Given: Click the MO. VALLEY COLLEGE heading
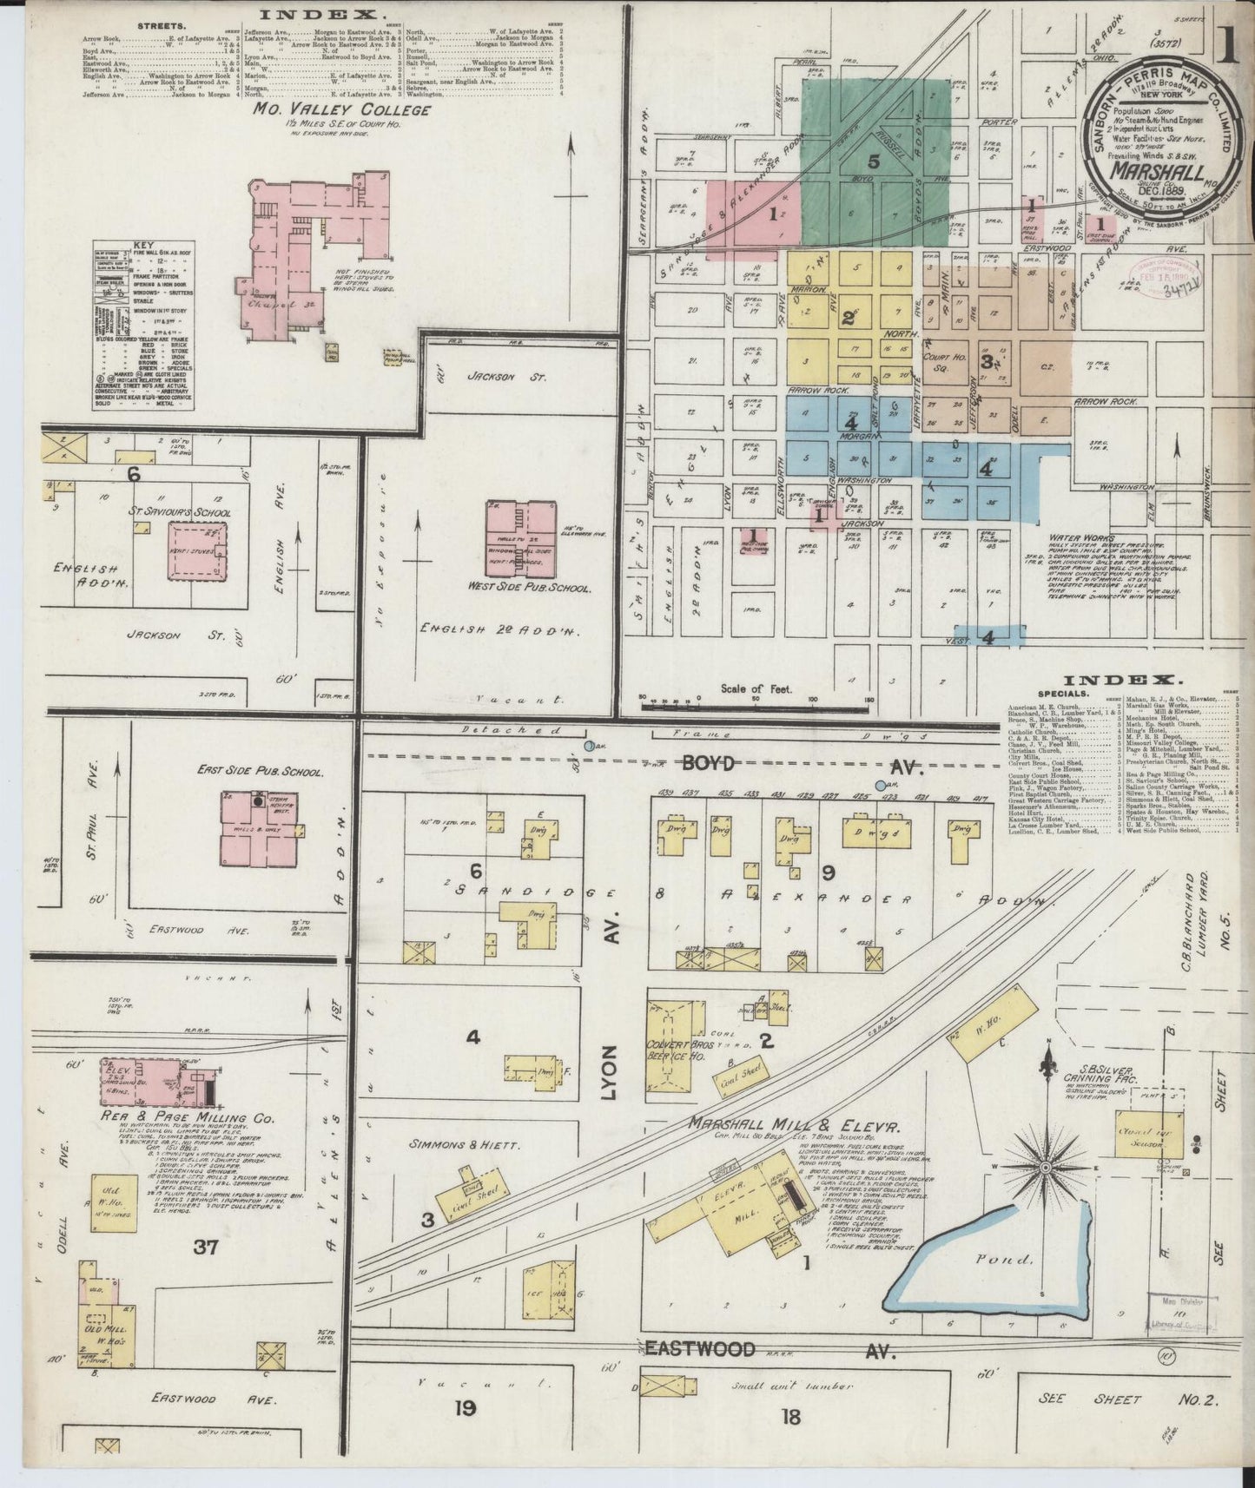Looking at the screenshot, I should point(341,110).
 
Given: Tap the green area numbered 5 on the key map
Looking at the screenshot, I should point(873,161).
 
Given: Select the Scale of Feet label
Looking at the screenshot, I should point(756,688).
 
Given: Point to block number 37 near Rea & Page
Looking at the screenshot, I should point(205,1248).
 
